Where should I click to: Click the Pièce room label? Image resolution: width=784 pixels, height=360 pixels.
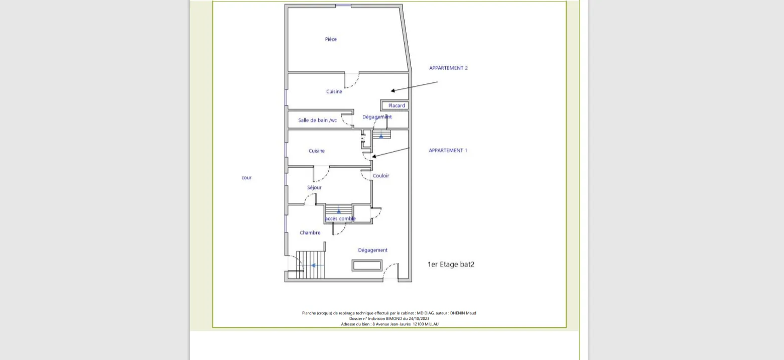pos(331,39)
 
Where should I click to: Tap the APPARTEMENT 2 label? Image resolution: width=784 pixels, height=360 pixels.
pos(448,68)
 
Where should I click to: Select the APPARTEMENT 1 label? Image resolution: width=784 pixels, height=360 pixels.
pos(448,150)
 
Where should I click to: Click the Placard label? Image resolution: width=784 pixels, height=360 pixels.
pos(397,105)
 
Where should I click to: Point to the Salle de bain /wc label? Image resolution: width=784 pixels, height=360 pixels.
pos(317,120)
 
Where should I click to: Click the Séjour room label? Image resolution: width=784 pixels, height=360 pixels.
pos(314,187)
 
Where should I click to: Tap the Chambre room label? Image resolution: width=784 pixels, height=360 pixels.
pos(310,232)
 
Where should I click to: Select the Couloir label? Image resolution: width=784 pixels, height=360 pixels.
pos(381,175)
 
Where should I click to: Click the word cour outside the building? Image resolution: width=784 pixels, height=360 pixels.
pos(246,178)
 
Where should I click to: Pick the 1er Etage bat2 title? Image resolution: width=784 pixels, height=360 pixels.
pos(451,265)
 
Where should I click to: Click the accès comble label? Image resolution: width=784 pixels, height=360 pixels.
pos(340,218)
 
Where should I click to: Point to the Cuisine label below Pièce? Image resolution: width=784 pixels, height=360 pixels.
pos(334,91)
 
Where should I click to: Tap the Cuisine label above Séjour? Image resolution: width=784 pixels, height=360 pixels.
pos(317,151)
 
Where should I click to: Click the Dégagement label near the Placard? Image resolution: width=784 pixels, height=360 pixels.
pos(377,117)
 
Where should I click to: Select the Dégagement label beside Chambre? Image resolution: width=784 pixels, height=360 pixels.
pos(373,250)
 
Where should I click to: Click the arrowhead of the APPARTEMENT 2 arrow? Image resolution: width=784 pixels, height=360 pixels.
pos(393,91)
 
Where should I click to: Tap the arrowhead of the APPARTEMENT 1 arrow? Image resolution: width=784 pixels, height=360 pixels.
pos(374,157)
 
